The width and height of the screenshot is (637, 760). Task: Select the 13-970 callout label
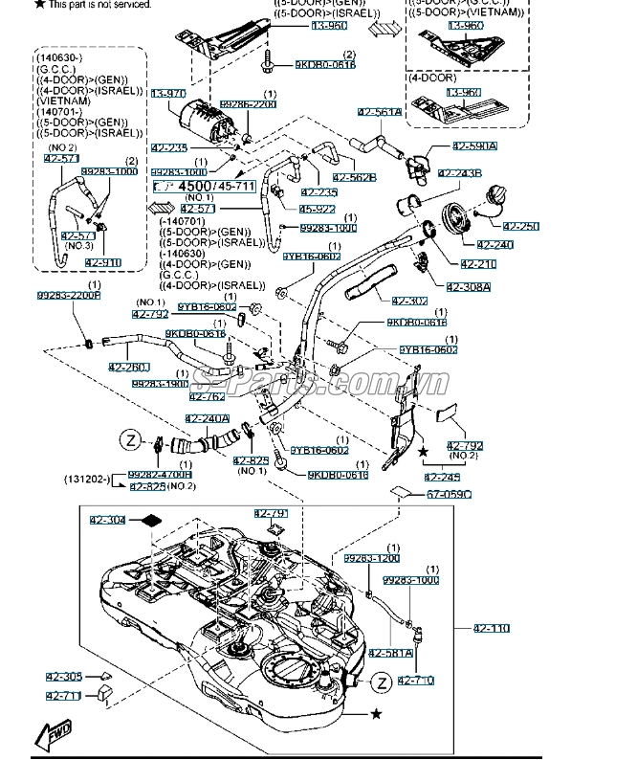pyautogui.click(x=165, y=93)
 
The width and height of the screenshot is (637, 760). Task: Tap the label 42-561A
pyautogui.click(x=380, y=113)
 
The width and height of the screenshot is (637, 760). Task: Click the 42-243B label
pyautogui.click(x=460, y=173)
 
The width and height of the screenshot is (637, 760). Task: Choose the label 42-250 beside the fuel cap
pyautogui.click(x=521, y=226)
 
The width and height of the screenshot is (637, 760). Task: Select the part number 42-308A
pyautogui.click(x=468, y=286)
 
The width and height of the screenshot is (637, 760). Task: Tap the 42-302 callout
pyautogui.click(x=409, y=301)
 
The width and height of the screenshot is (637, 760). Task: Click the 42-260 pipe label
pyautogui.click(x=129, y=367)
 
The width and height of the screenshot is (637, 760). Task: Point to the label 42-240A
pyautogui.click(x=208, y=418)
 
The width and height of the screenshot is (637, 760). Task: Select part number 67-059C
pyautogui.click(x=449, y=494)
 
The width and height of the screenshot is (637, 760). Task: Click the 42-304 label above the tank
pyautogui.click(x=108, y=520)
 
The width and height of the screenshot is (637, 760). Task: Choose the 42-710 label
pyautogui.click(x=416, y=681)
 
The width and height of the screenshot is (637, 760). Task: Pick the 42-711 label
pyautogui.click(x=64, y=696)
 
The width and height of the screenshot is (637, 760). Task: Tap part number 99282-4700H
pyautogui.click(x=160, y=474)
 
